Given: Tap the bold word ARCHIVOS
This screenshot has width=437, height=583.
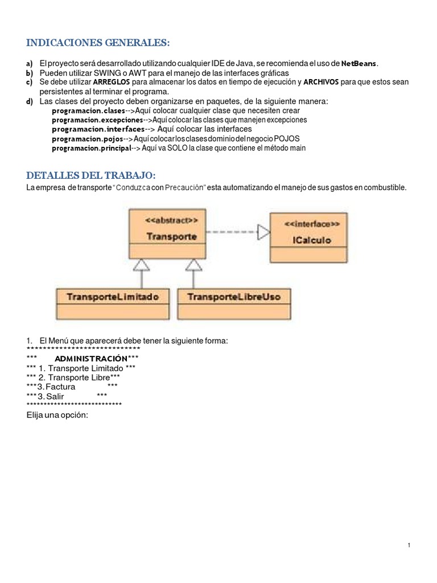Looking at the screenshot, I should (x=321, y=82).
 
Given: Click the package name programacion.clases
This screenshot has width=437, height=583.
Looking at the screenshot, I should (x=88, y=110).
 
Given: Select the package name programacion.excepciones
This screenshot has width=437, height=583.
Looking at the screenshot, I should (x=97, y=120).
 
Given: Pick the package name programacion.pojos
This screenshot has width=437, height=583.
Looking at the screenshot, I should (x=87, y=138).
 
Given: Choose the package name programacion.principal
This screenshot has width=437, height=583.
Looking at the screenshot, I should (x=91, y=148).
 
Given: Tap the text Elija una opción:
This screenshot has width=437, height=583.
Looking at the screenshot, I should (x=57, y=415).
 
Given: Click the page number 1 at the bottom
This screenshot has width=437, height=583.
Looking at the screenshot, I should (x=409, y=545).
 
